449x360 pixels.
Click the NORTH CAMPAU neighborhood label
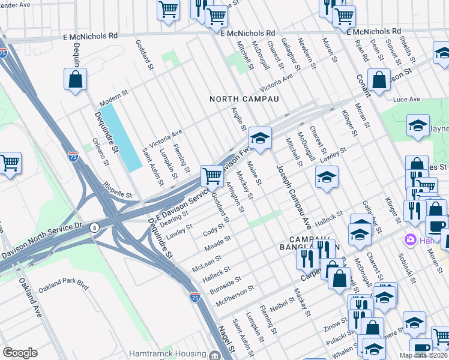pyautogui.click(x=244, y=98)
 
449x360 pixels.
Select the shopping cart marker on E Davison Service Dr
pyautogui.click(x=212, y=176)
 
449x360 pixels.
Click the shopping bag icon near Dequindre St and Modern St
pyautogui.click(x=76, y=79)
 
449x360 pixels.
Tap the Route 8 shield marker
pyautogui.click(x=94, y=227)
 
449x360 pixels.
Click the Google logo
pyautogui.click(x=20, y=353)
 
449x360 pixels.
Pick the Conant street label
pyautogui.click(x=364, y=88)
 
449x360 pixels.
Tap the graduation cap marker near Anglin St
pyautogui.click(x=260, y=138)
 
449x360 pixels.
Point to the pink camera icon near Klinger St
pyautogui.click(x=411, y=240)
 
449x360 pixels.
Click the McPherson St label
pyautogui.click(x=235, y=296)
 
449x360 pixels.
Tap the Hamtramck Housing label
pyautogui.click(x=167, y=354)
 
